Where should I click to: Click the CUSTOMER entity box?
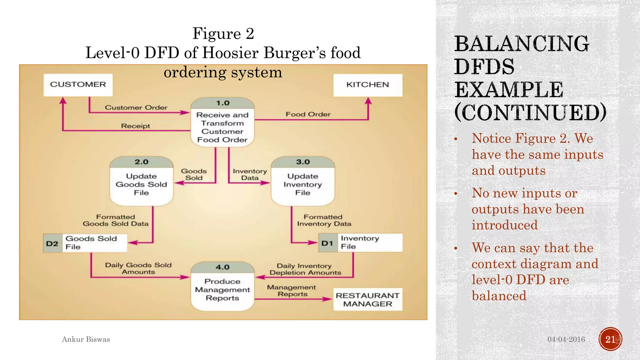tap(78, 85)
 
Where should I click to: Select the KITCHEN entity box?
tap(367, 85)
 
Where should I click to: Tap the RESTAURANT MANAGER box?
tap(367, 299)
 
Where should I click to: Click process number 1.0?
tap(222, 103)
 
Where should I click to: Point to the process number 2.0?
tap(141, 162)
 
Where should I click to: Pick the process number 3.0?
tap(303, 162)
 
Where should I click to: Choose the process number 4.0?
tap(222, 267)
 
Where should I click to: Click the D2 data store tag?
tap(52, 243)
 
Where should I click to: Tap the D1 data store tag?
tap(327, 243)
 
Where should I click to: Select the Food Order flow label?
tap(308, 114)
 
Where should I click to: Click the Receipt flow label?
tap(135, 126)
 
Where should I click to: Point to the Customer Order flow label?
tap(136, 107)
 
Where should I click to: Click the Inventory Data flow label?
tap(250, 174)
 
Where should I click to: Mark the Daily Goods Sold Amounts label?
tap(138, 268)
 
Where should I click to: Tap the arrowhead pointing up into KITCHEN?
tap(368, 101)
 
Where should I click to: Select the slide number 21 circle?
tap(610, 339)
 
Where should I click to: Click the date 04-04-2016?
tap(566, 339)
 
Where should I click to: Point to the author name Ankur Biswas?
tap(86, 339)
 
